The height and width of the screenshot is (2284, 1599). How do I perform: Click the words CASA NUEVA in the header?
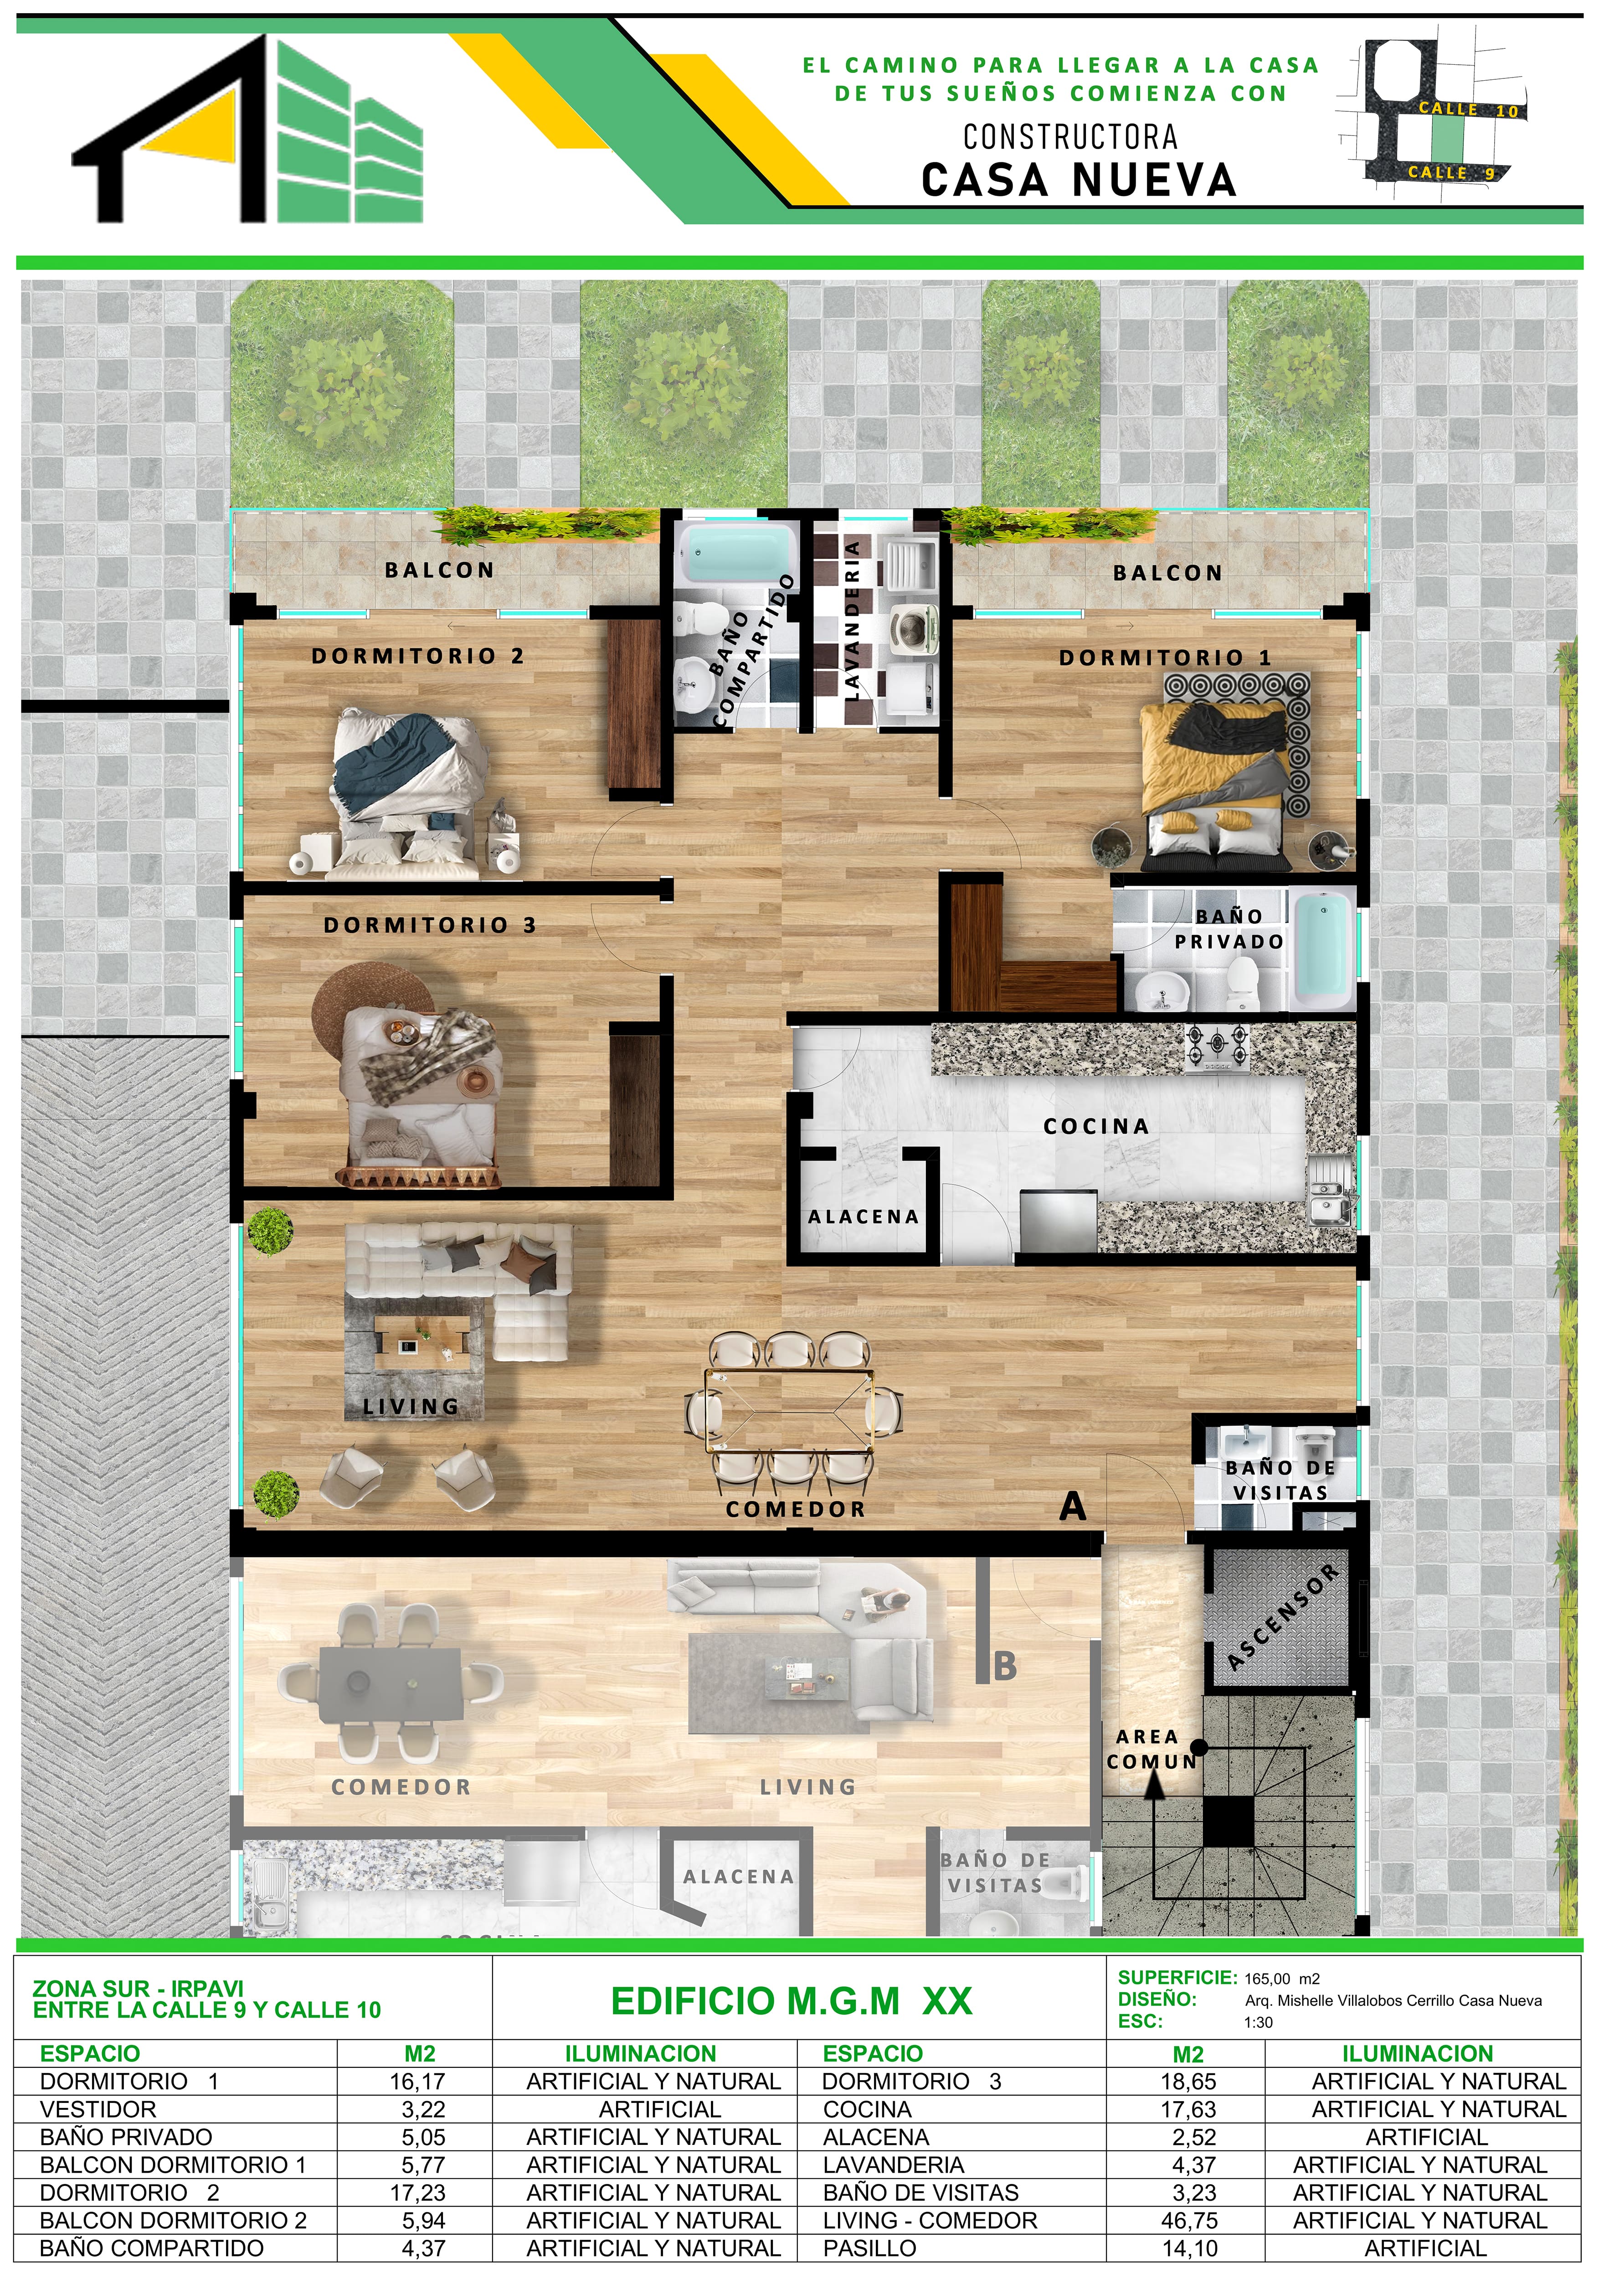click(1079, 180)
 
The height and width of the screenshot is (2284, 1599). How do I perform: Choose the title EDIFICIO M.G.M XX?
click(792, 2001)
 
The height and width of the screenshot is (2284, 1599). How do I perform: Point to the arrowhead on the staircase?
click(1153, 1786)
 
